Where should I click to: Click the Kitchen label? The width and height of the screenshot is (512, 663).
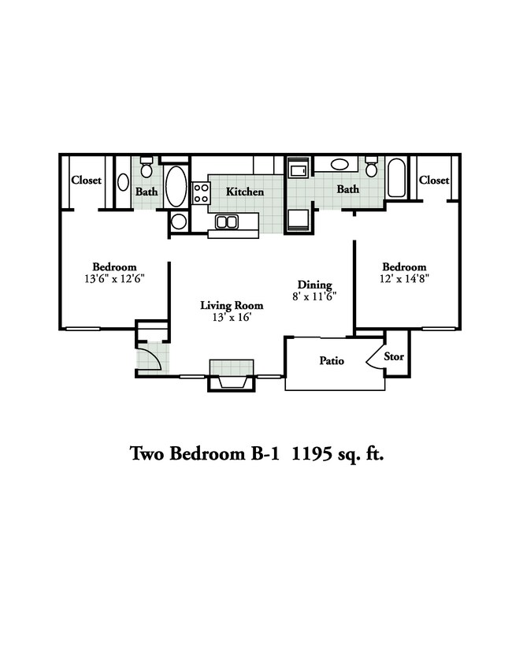point(245,192)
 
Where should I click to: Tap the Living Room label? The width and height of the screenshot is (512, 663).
point(231,305)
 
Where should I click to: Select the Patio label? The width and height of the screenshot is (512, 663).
point(332,361)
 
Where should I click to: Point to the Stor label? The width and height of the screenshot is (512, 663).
point(394,356)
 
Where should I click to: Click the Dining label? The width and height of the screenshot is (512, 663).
point(314,285)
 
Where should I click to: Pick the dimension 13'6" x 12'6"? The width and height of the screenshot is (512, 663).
point(114,278)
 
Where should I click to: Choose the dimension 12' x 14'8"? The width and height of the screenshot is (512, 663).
point(404,278)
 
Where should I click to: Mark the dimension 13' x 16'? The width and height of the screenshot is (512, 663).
point(231,317)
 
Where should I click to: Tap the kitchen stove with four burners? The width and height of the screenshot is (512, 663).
point(201,192)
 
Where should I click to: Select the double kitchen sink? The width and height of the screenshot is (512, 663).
point(228,222)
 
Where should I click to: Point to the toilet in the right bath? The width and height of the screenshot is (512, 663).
point(372,167)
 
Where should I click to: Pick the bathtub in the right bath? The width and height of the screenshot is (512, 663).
point(397,180)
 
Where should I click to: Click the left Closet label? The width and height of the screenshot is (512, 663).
point(86,180)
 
